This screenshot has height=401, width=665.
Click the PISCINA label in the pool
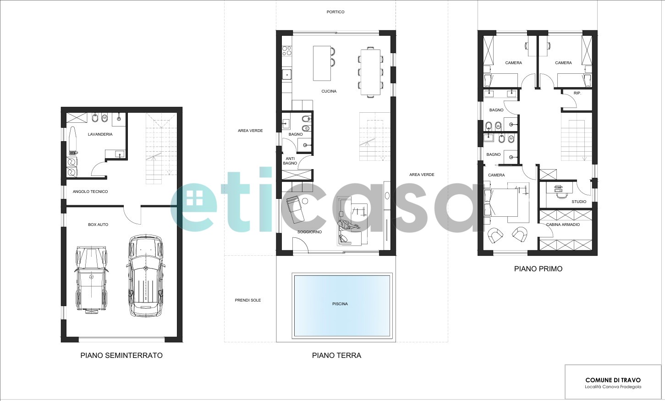click(x=340, y=304)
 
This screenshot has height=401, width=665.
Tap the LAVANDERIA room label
click(x=100, y=134)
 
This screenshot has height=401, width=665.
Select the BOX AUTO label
click(x=98, y=225)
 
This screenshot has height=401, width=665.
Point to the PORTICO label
click(x=335, y=12)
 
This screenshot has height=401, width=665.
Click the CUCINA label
click(x=329, y=91)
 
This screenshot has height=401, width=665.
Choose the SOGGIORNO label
click(x=309, y=232)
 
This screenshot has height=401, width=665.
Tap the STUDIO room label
click(x=579, y=202)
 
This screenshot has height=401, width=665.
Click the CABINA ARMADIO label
click(x=563, y=225)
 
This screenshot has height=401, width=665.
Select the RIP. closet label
click(x=577, y=93)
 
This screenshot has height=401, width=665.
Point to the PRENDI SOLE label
click(x=247, y=300)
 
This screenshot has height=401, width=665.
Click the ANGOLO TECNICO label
click(x=90, y=192)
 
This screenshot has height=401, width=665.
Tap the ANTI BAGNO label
click(x=290, y=161)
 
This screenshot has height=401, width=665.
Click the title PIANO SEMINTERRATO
click(x=121, y=355)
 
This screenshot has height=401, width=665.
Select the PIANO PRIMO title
click(x=538, y=269)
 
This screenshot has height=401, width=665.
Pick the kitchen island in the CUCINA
click(x=322, y=63)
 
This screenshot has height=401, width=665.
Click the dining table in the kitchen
click(x=370, y=72)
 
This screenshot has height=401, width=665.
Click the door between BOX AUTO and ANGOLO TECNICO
click(x=132, y=214)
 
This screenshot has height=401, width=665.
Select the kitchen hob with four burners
click(x=287, y=50)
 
